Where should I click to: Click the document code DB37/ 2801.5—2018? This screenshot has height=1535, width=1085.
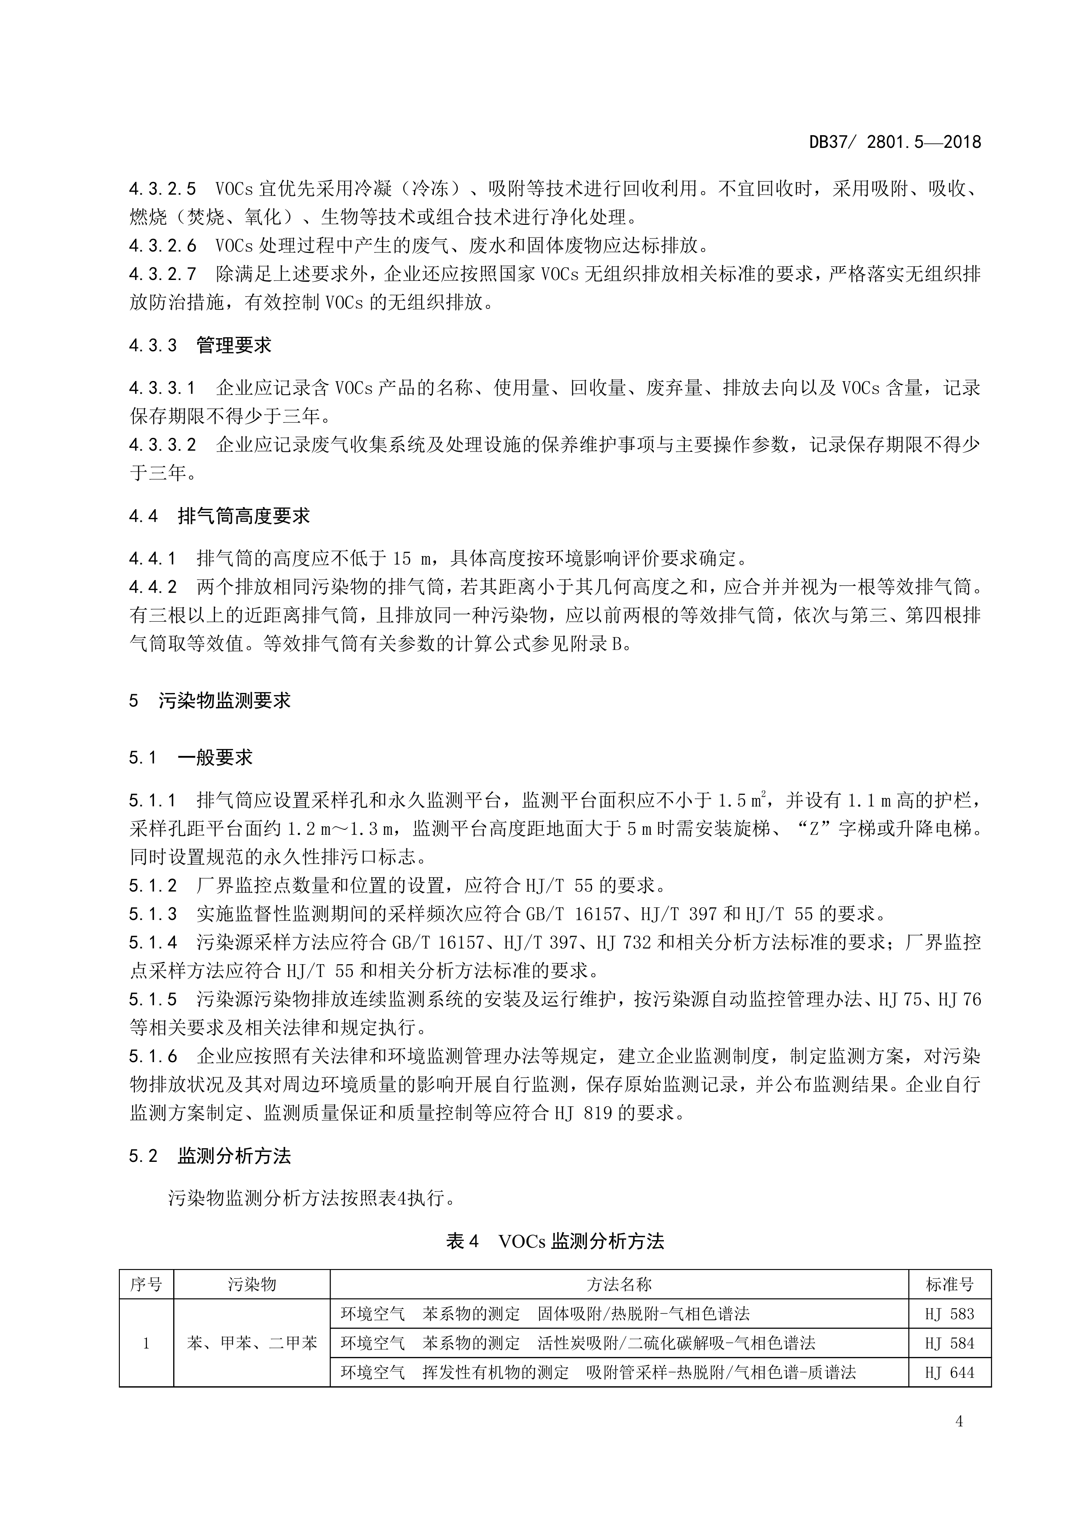pyautogui.click(x=895, y=143)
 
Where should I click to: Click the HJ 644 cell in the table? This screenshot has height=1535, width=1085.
pyautogui.click(x=949, y=1373)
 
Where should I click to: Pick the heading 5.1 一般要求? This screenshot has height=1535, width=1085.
pyautogui.click(x=191, y=758)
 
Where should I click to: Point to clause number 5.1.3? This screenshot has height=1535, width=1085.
pyautogui.click(x=153, y=914)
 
